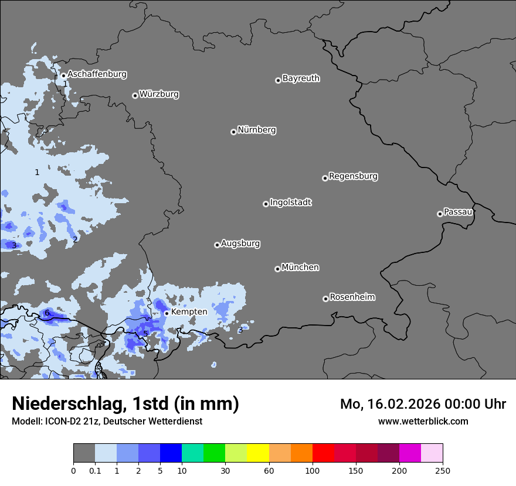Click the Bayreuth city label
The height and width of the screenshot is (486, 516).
tap(301, 78)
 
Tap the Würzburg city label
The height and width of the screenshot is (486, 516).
tap(159, 94)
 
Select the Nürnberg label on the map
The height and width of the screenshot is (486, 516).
tap(257, 130)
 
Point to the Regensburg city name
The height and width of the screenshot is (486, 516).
tap(353, 176)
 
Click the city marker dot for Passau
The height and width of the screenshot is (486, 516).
tap(440, 214)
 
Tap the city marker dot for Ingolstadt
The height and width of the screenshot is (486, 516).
tap(266, 204)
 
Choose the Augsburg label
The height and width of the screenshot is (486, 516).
tap(240, 244)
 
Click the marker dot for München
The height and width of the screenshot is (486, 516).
tap(277, 269)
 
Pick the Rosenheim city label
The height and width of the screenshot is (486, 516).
tap(352, 297)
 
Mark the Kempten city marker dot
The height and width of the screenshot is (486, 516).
tap(167, 313)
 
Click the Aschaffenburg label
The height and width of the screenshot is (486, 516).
tap(97, 74)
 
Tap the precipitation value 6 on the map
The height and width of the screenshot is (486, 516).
tap(47, 313)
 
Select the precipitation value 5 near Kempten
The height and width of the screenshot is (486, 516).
tap(145, 334)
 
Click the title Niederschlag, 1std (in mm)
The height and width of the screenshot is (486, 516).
tap(125, 403)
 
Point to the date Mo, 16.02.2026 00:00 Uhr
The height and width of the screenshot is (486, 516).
tap(423, 404)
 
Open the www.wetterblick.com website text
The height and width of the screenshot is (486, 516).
tap(423, 421)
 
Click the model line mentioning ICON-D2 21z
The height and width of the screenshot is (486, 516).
tap(107, 421)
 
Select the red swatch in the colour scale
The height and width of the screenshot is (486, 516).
tap(323, 453)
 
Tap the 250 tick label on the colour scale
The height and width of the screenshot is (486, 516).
tap(442, 470)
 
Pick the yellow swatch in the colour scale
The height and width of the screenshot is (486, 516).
tap(258, 453)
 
